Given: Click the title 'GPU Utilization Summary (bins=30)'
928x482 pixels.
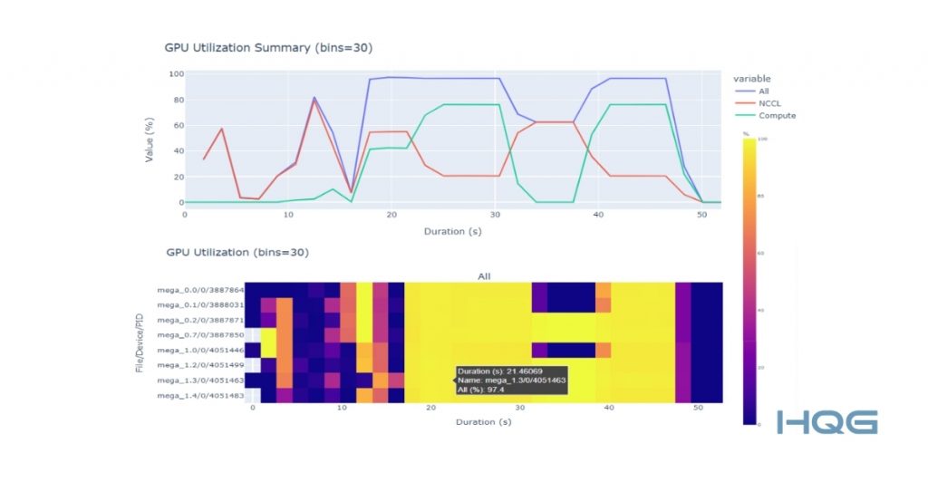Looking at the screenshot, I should (268, 47).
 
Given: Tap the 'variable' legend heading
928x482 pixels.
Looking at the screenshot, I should (753, 78).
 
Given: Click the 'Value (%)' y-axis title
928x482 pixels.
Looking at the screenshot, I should (150, 138).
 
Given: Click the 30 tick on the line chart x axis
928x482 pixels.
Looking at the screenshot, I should (494, 215).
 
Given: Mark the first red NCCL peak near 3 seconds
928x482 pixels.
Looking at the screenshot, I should (222, 130).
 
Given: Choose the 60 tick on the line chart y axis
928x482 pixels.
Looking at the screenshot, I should (171, 125).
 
